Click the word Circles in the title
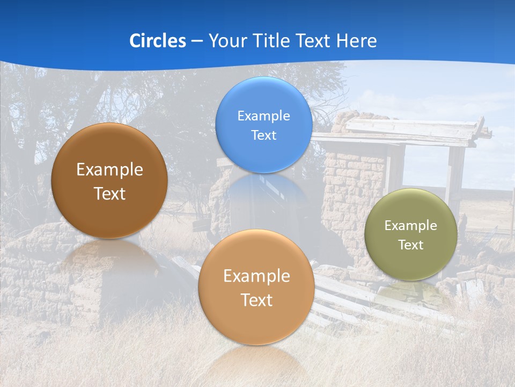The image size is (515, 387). coord(157,41)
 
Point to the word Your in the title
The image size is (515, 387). coord(227,41)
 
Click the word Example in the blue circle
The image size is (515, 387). coord(263,116)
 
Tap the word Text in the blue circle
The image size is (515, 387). coord(263,135)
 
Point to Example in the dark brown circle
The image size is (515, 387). coord(109,170)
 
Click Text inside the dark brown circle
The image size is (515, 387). coord(109,193)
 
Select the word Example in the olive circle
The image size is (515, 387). coord(410,226)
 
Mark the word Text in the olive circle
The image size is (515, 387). coord(411,245)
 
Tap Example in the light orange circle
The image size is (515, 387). coord(256,276)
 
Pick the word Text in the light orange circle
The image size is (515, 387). coord(256,300)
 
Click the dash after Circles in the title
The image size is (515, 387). coord(196,41)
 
